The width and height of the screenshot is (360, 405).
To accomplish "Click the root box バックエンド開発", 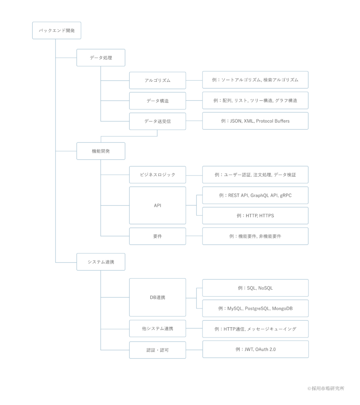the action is point(56,31).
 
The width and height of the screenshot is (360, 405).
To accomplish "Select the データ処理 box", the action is point(101,58).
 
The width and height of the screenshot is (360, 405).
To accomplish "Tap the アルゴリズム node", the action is point(157,80).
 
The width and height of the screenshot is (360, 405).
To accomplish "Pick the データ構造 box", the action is point(157,101).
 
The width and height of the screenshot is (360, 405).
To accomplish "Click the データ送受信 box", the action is point(157,121).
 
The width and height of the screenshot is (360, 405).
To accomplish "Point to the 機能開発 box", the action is point(101,151).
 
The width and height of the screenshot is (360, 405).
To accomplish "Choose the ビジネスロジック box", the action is point(157,175).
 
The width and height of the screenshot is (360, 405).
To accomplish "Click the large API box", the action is point(157,205).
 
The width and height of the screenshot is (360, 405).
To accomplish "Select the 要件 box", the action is point(157,236).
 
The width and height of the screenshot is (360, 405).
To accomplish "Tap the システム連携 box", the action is point(101,262).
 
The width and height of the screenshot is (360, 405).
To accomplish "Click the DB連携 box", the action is point(157,297).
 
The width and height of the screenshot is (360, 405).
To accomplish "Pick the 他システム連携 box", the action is point(157,328).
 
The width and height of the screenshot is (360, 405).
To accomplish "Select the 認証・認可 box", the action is point(157,350).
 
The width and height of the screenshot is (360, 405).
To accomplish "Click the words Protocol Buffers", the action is point(273,121).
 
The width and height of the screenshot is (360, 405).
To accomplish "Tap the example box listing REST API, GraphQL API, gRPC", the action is point(255,195).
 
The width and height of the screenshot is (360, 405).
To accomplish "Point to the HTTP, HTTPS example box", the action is point(255,216).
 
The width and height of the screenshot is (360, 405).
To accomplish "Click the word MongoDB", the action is point(282,308).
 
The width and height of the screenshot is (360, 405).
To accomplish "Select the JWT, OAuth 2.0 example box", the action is point(256,349).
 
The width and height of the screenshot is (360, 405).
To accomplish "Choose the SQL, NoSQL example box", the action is point(255,288).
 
